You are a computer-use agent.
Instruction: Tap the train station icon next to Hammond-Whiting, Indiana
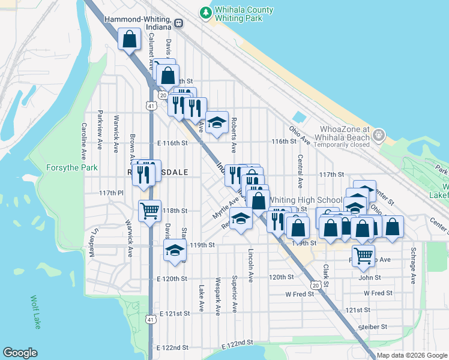(x=179, y=23)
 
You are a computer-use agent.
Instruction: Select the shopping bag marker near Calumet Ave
(x=130, y=40)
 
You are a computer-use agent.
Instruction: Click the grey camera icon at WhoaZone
(x=378, y=135)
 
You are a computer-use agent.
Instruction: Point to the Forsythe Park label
(x=72, y=168)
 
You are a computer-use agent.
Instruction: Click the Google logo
(x=20, y=353)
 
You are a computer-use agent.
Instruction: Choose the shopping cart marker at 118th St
(x=149, y=211)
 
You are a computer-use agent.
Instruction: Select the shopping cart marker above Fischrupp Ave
(x=363, y=256)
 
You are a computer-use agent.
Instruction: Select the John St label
(x=369, y=277)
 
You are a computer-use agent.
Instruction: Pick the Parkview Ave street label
(x=100, y=130)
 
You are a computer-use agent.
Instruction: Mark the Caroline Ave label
(x=85, y=137)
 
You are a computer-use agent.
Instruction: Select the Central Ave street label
(x=299, y=170)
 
